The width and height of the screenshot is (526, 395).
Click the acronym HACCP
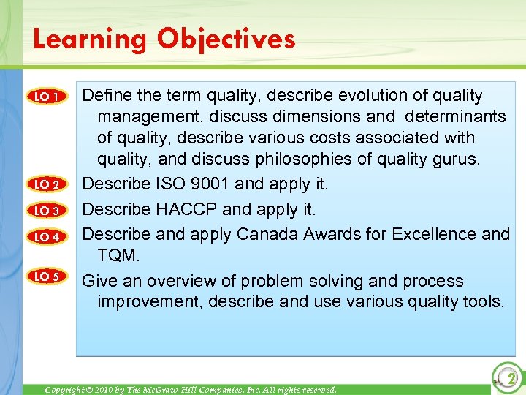click(x=186, y=210)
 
